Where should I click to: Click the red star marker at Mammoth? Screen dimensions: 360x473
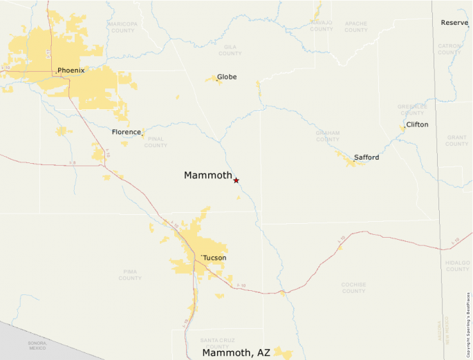236,180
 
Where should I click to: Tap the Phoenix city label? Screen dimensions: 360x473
71,70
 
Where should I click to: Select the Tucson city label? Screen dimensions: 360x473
214,258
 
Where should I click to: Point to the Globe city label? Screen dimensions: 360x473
227,77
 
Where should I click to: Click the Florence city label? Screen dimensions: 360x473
127,131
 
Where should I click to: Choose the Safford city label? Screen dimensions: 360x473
367,158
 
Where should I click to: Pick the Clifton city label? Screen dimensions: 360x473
417,124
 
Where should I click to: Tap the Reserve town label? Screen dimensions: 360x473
454,23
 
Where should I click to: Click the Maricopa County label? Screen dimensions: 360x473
122,27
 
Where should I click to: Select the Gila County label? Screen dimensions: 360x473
230,50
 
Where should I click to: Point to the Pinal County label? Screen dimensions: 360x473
156,142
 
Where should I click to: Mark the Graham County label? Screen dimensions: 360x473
328,136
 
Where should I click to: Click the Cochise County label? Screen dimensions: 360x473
353,287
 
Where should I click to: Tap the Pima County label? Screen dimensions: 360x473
130,275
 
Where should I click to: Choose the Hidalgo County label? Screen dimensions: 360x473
457,265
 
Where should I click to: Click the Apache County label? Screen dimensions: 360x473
356,27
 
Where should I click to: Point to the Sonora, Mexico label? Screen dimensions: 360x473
37,345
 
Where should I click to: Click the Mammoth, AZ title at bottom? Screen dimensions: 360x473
236,352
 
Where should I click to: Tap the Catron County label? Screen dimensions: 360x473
449,49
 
